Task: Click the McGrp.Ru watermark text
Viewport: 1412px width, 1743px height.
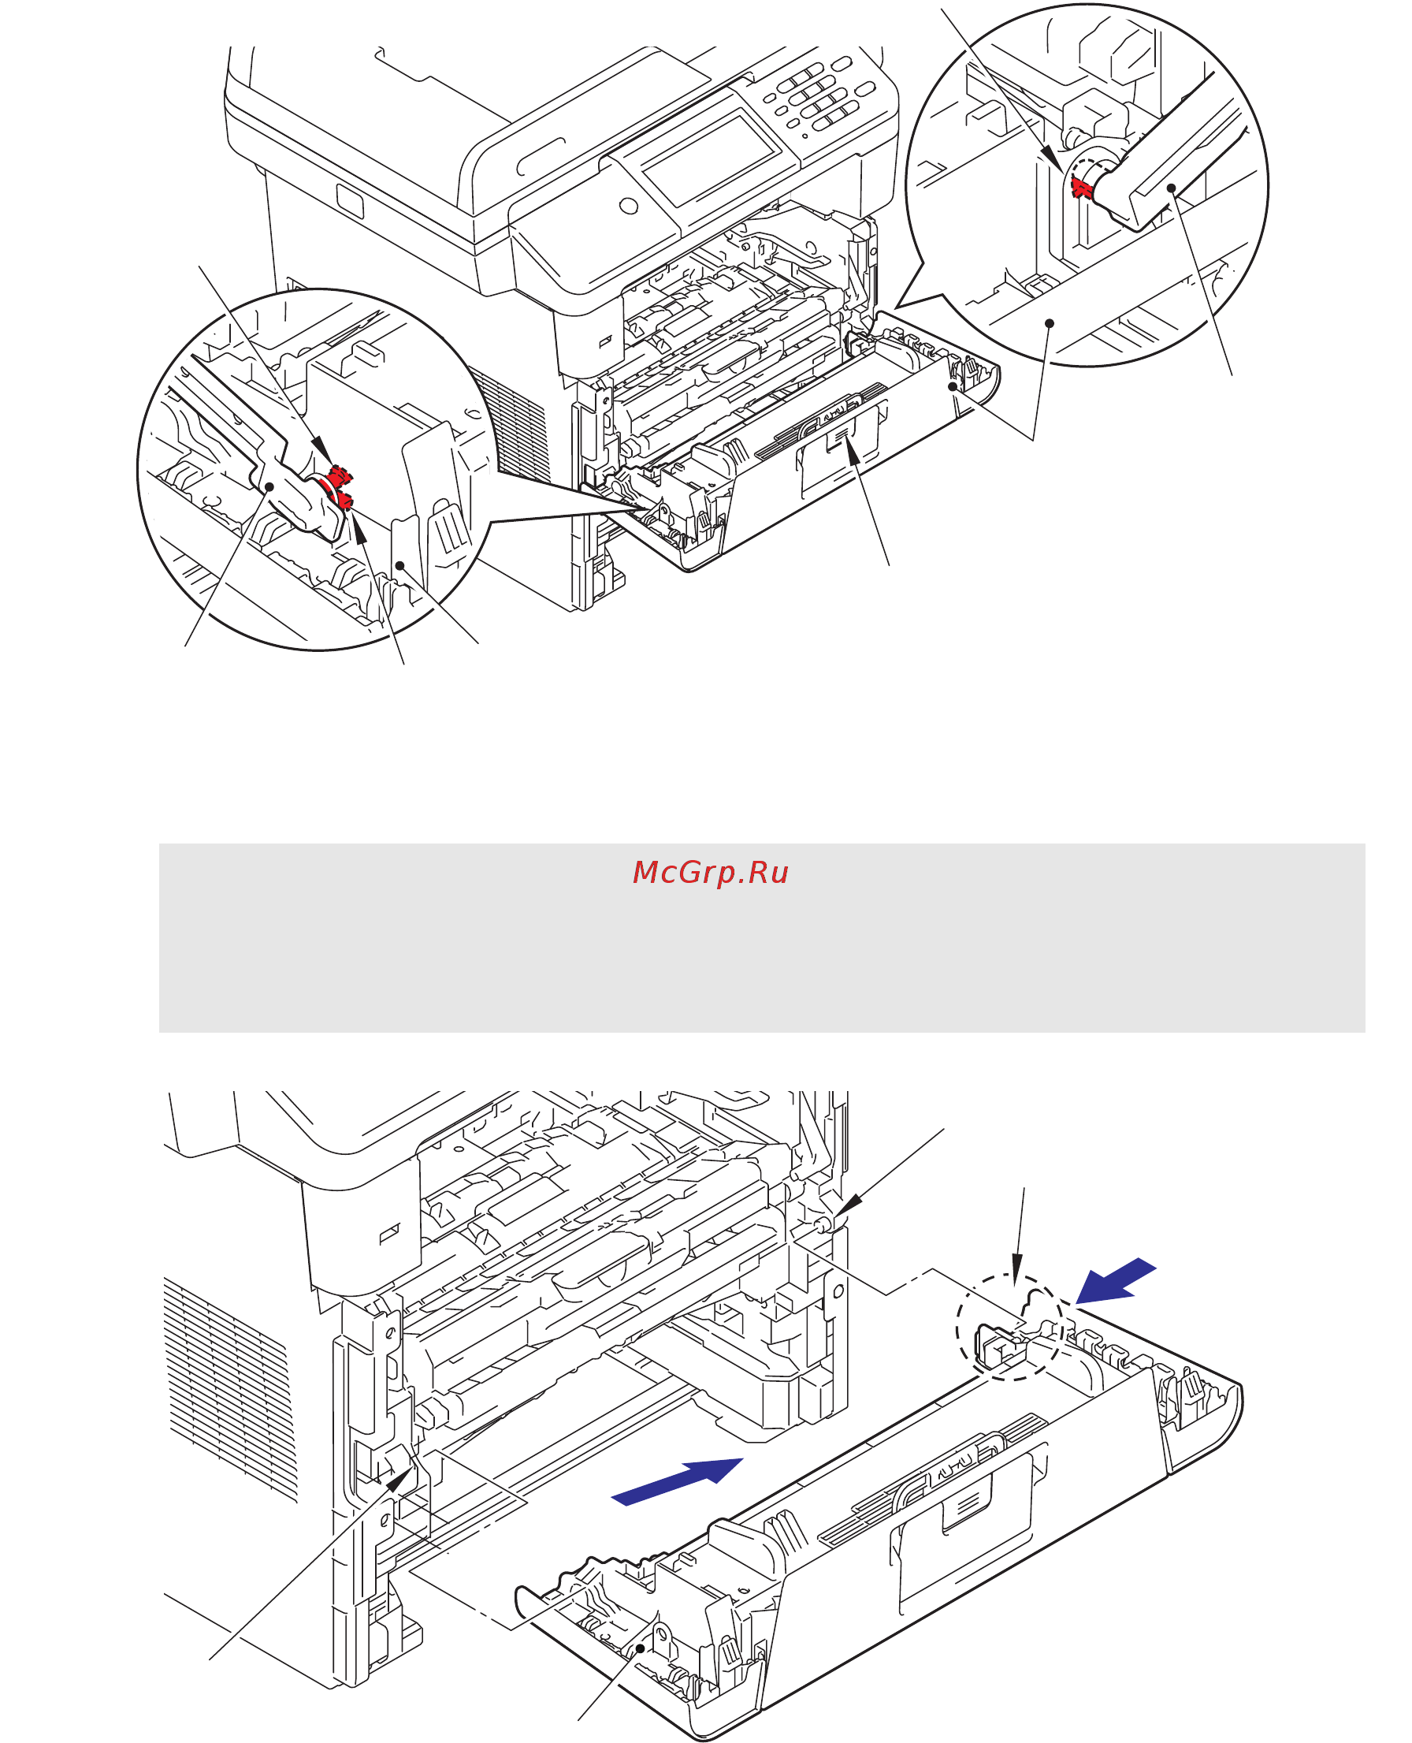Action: point(710,873)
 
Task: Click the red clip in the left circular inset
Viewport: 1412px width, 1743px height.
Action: point(338,486)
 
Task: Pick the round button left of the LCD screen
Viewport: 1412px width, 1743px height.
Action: point(628,206)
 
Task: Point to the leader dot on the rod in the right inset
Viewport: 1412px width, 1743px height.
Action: point(1171,188)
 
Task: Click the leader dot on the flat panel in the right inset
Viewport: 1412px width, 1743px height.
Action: point(1050,323)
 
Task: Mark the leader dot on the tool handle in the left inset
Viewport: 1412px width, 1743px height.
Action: point(269,486)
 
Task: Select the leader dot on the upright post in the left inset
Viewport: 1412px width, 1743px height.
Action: point(399,564)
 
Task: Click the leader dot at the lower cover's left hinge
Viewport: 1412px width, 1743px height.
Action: point(641,1648)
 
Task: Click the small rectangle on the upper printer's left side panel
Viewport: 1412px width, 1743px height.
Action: point(350,199)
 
